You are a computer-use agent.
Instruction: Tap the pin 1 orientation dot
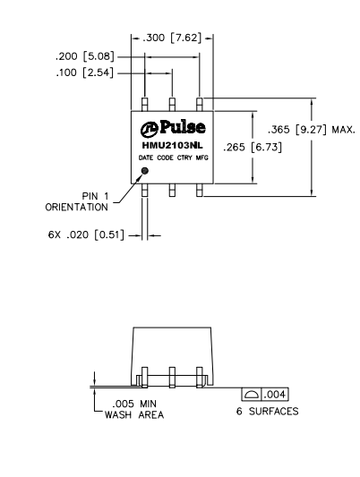(x=145, y=168)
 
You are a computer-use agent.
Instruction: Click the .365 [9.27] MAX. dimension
(x=305, y=129)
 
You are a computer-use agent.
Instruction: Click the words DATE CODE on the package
(x=152, y=158)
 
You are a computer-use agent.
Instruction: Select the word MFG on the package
(x=202, y=158)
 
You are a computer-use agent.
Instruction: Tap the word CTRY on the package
(x=183, y=158)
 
